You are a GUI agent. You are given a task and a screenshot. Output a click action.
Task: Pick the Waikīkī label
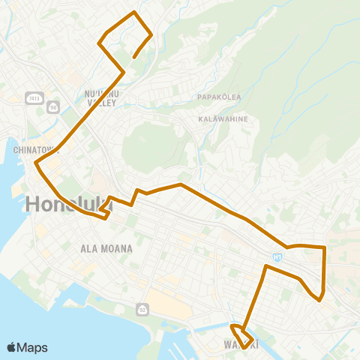coord(241,345)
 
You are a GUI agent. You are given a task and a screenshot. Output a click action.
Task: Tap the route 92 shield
coord(142,309)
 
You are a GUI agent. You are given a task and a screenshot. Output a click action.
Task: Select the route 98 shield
coord(53,107)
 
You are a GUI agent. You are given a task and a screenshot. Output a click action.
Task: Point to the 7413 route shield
coord(33,97)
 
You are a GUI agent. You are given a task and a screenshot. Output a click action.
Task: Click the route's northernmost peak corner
coord(134,13)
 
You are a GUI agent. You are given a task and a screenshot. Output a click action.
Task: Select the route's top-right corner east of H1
coord(324,247)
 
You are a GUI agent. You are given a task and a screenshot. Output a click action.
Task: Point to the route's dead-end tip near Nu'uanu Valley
coord(133,57)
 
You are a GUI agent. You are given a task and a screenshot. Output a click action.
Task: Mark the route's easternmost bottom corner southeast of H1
coord(320,300)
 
